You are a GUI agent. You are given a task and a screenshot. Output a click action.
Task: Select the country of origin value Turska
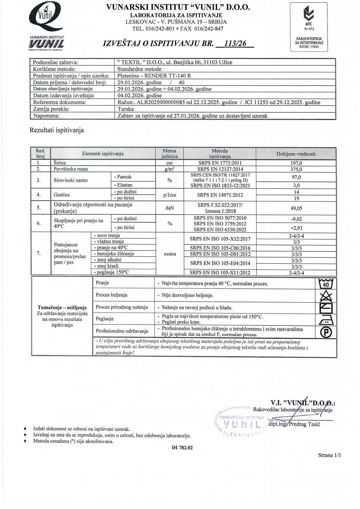pyautogui.click(x=126, y=109)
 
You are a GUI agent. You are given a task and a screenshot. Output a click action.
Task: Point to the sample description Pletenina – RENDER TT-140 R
pyautogui.click(x=154, y=76)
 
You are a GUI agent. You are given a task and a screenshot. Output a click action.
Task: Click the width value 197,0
pyautogui.click(x=296, y=163)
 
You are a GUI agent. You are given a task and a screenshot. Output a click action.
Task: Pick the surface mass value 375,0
pyautogui.click(x=296, y=169)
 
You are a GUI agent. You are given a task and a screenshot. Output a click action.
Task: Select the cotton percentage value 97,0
pyautogui.click(x=296, y=177)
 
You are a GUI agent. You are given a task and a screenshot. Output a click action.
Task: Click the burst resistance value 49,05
pyautogui.click(x=296, y=208)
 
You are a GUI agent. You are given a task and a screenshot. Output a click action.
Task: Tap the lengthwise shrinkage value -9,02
pyautogui.click(x=296, y=219)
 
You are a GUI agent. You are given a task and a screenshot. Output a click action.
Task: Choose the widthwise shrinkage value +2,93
pyautogui.click(x=296, y=228)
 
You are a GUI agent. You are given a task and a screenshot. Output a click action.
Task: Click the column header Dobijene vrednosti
pyautogui.click(x=296, y=154)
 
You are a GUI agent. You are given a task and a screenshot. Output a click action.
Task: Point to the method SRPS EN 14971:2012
pyautogui.click(x=220, y=195)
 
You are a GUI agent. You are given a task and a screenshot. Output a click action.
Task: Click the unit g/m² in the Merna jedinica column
pyautogui.click(x=170, y=169)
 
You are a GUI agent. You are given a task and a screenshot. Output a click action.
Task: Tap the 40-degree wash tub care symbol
pyautogui.click(x=326, y=283)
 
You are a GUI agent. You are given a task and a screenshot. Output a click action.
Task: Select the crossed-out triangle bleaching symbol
pyautogui.click(x=326, y=296)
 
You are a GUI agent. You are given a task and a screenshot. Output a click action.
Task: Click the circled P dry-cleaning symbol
pyautogui.click(x=326, y=332)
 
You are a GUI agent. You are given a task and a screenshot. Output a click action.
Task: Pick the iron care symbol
pyautogui.click(x=326, y=320)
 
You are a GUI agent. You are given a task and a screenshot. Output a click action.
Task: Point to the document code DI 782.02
pyautogui.click(x=182, y=447)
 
